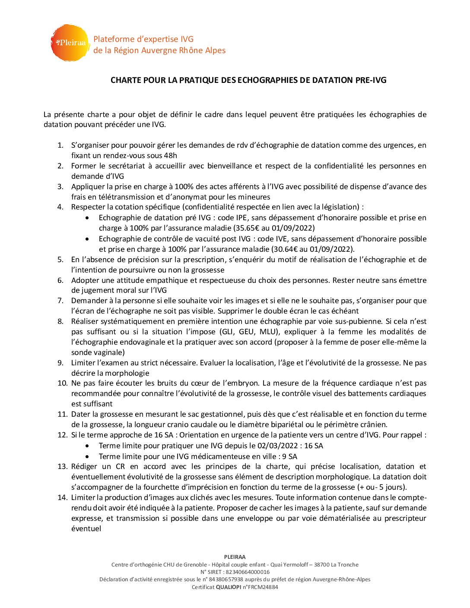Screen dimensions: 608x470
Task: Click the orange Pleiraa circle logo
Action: [x=70, y=43]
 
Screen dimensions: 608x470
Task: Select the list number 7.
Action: [x=60, y=301]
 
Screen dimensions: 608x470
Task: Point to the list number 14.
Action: [x=62, y=497]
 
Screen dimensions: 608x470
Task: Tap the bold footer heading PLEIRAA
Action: [x=235, y=557]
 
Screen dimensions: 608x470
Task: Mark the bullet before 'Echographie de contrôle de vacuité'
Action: [x=88, y=239]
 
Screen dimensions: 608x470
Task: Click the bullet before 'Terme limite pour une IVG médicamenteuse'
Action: [x=88, y=456]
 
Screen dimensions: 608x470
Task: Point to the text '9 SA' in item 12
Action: [x=290, y=456]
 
